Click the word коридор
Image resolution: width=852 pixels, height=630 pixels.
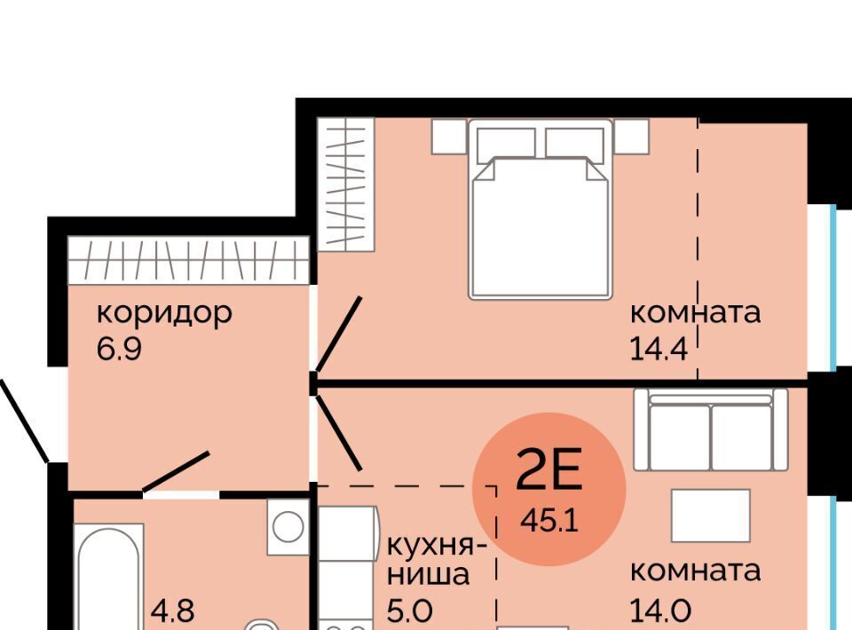[164, 314]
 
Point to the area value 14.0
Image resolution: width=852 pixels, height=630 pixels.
[660, 610]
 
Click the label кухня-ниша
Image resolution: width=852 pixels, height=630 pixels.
[437, 559]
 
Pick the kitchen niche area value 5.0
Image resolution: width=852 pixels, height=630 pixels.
[410, 610]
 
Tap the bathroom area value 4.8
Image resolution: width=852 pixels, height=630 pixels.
[171, 610]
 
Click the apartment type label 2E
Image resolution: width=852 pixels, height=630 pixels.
[548, 469]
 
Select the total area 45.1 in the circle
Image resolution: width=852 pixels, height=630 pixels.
[548, 521]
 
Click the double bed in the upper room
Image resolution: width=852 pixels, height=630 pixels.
[540, 209]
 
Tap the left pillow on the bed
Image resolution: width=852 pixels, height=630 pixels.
[505, 143]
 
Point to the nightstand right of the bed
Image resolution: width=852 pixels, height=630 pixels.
[631, 136]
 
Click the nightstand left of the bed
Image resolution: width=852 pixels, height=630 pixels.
[449, 136]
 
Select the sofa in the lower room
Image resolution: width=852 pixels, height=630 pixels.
[711, 429]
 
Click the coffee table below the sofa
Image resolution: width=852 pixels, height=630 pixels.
[711, 516]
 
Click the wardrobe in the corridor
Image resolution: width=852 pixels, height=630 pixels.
[188, 260]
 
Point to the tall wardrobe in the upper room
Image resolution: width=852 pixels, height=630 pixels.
[346, 184]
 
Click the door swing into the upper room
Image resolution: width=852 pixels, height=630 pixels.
[338, 334]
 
